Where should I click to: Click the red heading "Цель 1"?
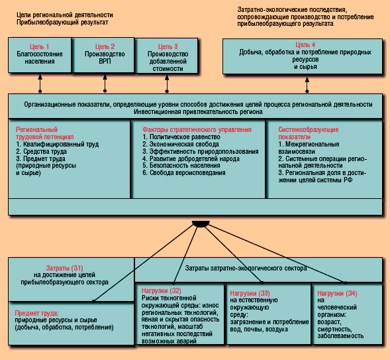click(39, 46)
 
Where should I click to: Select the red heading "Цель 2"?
click(105, 46)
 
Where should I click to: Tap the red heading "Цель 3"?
click(168, 46)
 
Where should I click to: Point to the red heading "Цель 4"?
click(305, 44)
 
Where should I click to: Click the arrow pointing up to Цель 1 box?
click(40, 83)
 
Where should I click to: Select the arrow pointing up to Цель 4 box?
click(307, 85)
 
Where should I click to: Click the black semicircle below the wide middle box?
click(201, 223)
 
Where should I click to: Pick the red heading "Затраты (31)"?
click(64, 268)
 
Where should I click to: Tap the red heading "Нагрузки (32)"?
click(162, 290)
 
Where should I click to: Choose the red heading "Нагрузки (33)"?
click(250, 293)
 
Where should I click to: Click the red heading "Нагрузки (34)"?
click(337, 293)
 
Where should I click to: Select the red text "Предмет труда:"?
click(37, 313)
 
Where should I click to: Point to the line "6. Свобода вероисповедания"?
click(184, 173)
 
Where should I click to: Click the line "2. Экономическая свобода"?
click(181, 144)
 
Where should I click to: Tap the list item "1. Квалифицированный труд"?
click(58, 144)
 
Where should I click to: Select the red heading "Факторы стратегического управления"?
click(197, 130)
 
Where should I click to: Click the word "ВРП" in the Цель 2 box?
click(105, 61)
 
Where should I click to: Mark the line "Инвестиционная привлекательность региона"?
click(198, 112)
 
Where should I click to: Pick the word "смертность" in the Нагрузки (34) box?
click(334, 329)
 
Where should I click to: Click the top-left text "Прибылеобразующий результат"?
click(62, 23)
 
